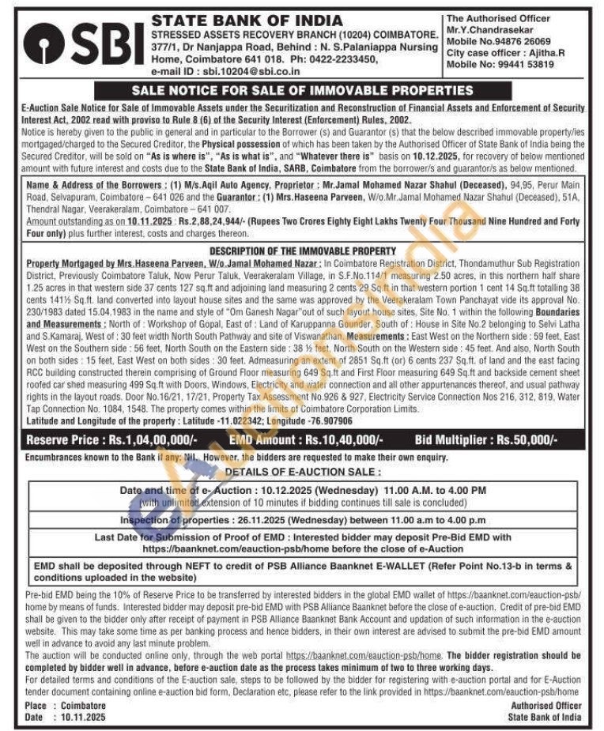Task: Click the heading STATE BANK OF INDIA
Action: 247,20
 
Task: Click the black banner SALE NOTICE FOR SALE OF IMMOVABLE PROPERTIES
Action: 302,90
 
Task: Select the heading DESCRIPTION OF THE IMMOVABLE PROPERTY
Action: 302,251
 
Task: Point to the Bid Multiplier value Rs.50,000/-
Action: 526,439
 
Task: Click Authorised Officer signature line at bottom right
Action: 545,705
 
